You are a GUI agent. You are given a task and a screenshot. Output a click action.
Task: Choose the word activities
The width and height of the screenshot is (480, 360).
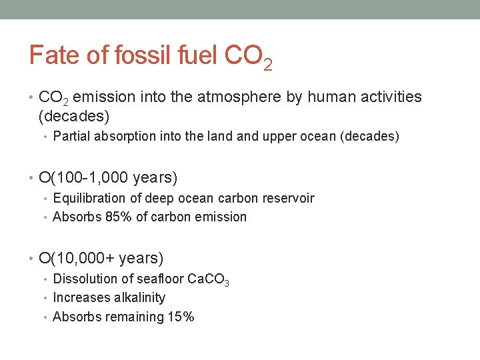pos(391,97)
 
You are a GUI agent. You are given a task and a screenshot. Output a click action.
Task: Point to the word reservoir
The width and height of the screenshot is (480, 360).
pos(287,198)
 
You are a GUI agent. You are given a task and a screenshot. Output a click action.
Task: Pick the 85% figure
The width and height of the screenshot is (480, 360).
pos(119,217)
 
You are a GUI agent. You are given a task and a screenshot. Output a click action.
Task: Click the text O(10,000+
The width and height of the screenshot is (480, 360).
pos(76,258)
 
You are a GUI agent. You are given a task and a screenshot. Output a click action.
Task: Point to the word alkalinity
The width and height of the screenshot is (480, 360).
pos(135,297)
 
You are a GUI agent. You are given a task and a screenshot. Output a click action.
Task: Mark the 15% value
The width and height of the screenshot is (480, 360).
pos(180,317)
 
